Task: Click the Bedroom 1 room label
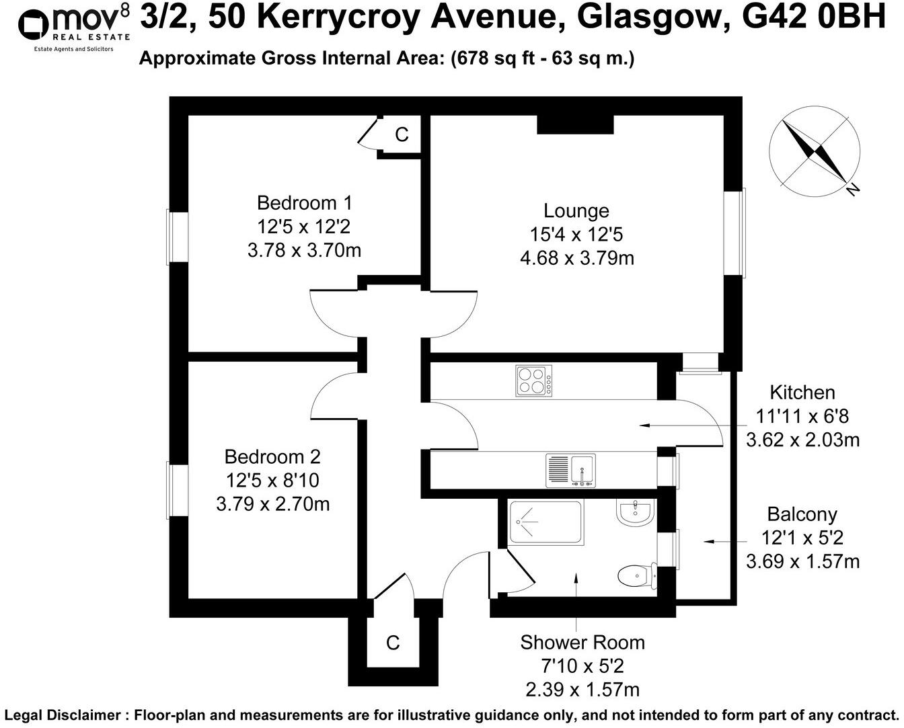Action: point(304,202)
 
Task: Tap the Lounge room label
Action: point(576,210)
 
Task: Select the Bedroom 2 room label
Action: point(272,457)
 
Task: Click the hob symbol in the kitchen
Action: point(534,380)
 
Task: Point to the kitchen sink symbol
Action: point(570,470)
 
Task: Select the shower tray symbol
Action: point(545,522)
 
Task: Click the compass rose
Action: point(815,151)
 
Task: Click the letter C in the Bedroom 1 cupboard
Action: point(402,135)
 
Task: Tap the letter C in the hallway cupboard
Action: point(393,643)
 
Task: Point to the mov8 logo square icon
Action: point(33,25)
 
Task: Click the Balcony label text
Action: point(802,515)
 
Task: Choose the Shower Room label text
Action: point(582,643)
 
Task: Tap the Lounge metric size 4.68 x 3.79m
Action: point(576,257)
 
